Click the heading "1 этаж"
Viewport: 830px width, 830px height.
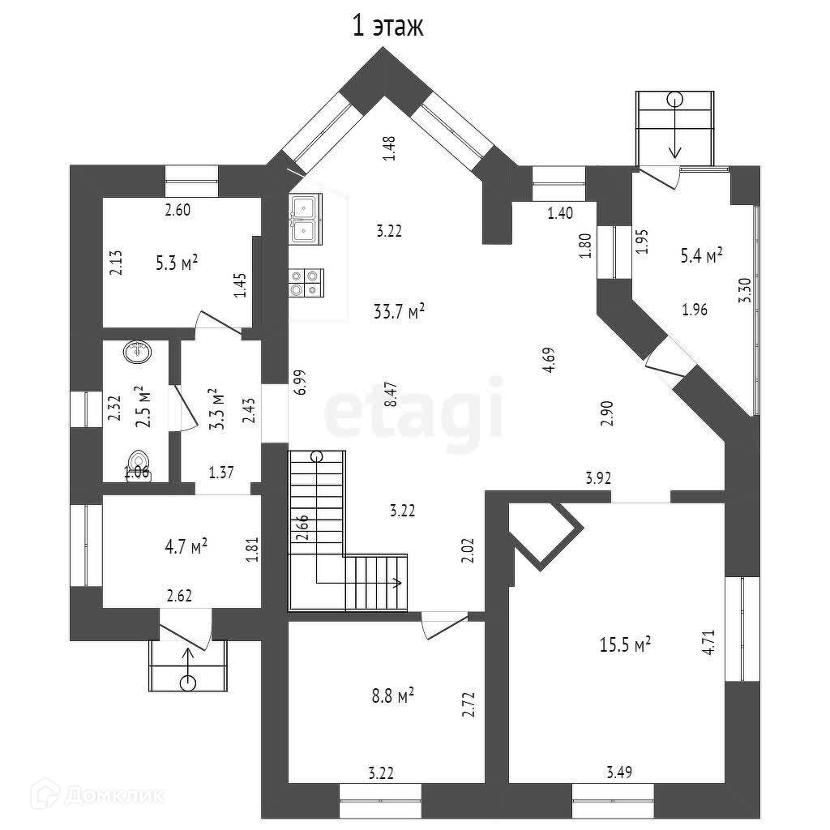point(387,26)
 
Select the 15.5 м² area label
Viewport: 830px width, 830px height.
point(625,645)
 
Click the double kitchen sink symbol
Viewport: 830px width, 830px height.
point(306,219)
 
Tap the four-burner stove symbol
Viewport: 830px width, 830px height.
point(306,282)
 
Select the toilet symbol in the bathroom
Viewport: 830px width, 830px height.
point(135,463)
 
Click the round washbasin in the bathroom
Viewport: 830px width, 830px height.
point(136,352)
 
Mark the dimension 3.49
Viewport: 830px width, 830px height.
point(619,772)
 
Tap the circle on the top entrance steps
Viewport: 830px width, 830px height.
point(674,100)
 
